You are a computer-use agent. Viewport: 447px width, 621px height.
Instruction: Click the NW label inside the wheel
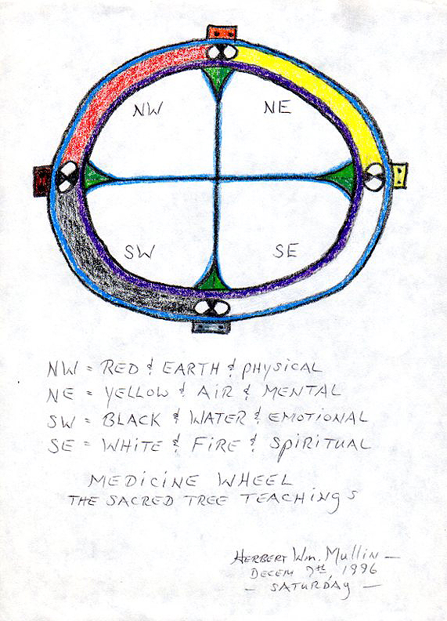pyautogui.click(x=147, y=110)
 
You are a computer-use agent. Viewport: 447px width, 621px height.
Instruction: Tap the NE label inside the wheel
pyautogui.click(x=278, y=107)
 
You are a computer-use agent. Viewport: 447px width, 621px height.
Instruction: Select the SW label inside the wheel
pyautogui.click(x=139, y=252)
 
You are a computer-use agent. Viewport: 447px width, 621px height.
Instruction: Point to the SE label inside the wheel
pyautogui.click(x=285, y=251)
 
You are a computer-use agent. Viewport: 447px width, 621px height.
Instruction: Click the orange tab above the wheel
pyautogui.click(x=222, y=32)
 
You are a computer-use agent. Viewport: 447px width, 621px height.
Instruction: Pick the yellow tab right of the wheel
pyautogui.click(x=400, y=176)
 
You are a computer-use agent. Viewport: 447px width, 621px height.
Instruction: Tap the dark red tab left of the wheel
pyautogui.click(x=42, y=181)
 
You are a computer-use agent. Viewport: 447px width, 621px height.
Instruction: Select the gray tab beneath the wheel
pyautogui.click(x=211, y=326)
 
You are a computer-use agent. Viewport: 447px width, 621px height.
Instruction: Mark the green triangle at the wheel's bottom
pyautogui.click(x=212, y=279)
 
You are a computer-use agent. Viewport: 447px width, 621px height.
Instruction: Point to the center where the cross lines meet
pyautogui.click(x=217, y=179)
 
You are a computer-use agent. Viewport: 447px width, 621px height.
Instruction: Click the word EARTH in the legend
pyautogui.click(x=190, y=369)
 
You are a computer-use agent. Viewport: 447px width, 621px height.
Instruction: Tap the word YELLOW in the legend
pyautogui.click(x=136, y=394)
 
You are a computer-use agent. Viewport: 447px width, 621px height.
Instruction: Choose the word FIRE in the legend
pyautogui.click(x=215, y=445)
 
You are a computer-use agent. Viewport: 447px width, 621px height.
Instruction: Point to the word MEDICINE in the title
pyautogui.click(x=142, y=481)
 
